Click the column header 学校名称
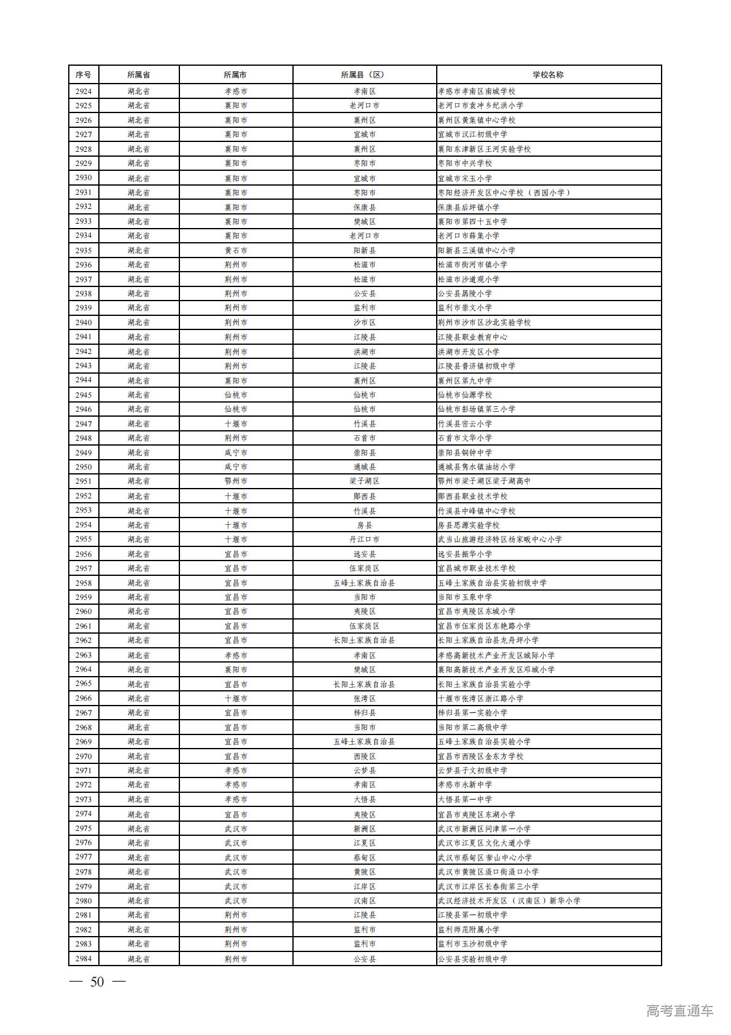pos(548,74)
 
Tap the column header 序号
pos(84,74)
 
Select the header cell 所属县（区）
pos(364,74)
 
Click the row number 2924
pos(84,91)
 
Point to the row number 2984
pos(84,959)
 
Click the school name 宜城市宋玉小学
pos(465,178)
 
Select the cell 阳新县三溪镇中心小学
pos(477,250)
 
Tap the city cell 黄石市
pos(236,250)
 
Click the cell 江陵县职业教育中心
pos(472,337)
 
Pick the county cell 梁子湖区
pos(364,481)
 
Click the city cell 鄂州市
pos(236,481)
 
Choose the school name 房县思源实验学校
pos(469,525)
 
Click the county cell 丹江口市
pos(364,539)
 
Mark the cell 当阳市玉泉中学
pos(465,597)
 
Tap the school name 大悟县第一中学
pos(465,799)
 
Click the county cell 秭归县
pos(364,713)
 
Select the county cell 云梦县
pos(364,770)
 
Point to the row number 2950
pos(84,467)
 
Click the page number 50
pos(97,982)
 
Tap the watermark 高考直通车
pos(679,1010)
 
